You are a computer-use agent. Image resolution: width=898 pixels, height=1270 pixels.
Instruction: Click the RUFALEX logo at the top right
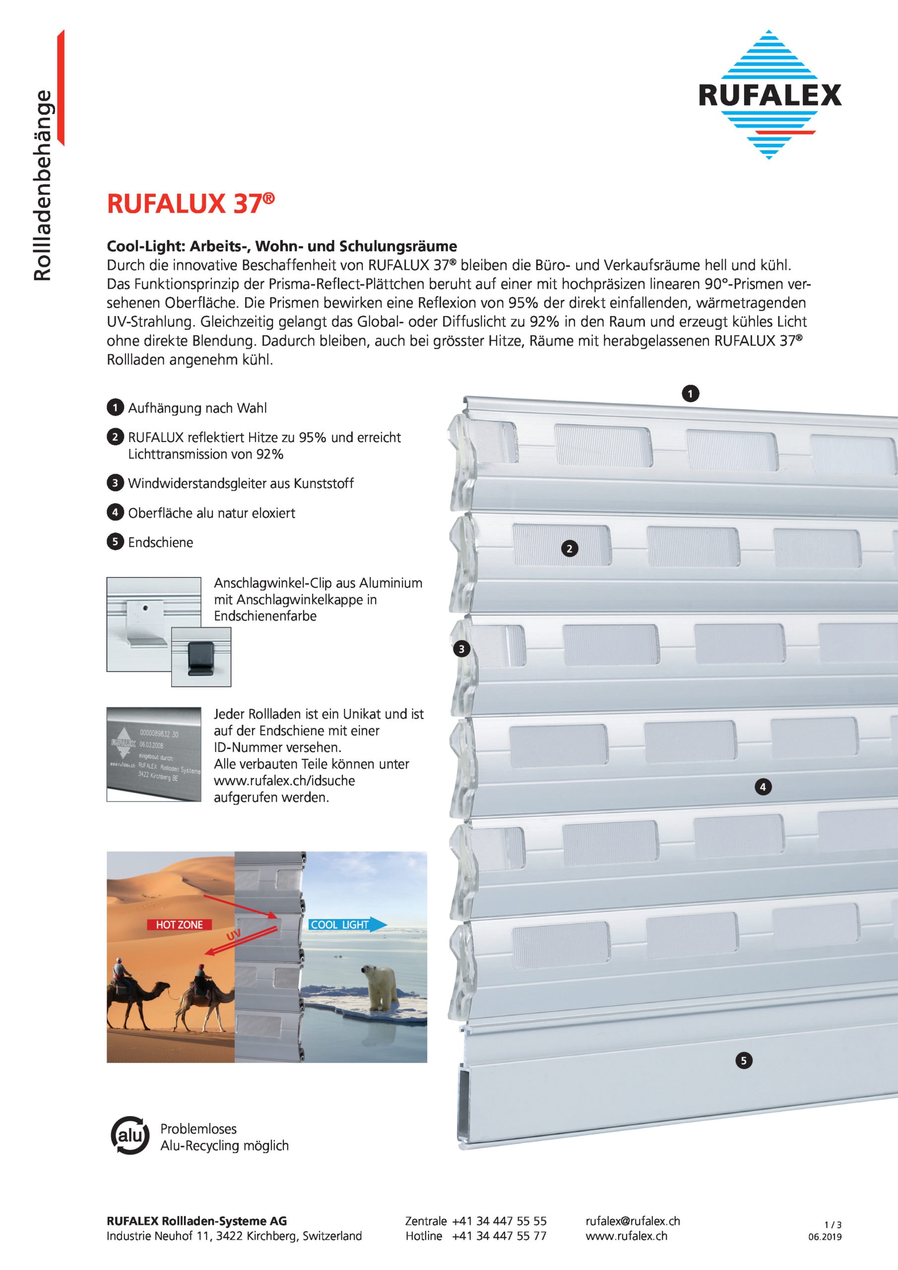click(769, 95)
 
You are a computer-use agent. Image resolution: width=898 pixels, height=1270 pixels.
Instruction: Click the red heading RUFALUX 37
click(191, 204)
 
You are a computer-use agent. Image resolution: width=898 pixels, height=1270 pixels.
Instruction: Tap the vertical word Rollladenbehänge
click(43, 186)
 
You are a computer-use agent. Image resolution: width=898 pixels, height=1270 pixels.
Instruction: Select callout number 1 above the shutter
click(690, 393)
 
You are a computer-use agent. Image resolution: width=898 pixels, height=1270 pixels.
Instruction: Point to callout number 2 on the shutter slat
click(570, 549)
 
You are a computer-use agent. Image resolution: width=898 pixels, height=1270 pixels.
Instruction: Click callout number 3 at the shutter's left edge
click(461, 649)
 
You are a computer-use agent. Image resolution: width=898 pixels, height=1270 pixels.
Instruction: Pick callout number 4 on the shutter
click(763, 787)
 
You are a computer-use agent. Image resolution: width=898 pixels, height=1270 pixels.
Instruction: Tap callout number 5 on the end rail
click(744, 1060)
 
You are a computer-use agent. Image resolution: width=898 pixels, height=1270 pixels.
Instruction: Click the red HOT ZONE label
click(179, 924)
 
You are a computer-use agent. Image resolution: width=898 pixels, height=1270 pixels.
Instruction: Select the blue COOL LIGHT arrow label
click(347, 924)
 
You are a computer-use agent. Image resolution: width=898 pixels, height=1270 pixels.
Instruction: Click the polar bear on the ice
click(380, 987)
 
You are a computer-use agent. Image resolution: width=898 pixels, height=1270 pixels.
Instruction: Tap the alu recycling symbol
click(130, 1136)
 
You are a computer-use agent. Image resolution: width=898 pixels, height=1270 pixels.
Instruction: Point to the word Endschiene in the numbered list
click(160, 542)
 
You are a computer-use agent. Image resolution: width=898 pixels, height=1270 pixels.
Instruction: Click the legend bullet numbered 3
click(115, 483)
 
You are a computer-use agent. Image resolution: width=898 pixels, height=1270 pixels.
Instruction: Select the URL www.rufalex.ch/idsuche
click(284, 780)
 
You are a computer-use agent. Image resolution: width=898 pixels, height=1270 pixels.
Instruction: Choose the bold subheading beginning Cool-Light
click(282, 246)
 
